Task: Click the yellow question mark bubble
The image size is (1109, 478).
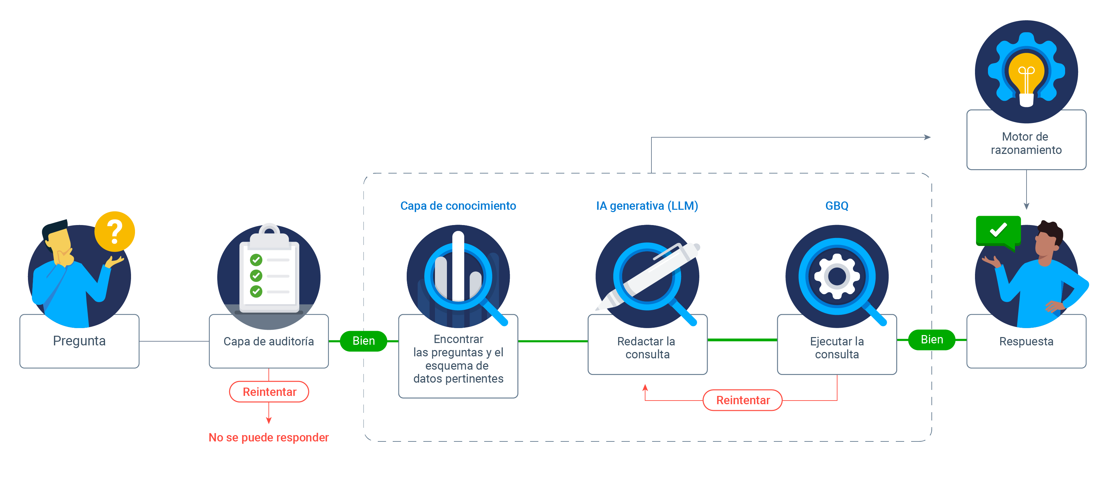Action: [114, 231]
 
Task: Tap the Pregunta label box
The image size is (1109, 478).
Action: [79, 341]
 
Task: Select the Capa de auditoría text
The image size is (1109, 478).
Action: [268, 341]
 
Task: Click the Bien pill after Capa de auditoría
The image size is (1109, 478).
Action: [363, 341]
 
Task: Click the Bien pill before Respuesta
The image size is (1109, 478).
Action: [932, 339]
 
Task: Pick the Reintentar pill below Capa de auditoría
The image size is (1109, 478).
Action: [269, 392]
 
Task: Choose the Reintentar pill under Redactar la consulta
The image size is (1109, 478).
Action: [743, 400]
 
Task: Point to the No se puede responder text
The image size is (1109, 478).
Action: [268, 437]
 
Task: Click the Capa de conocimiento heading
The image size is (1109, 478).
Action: [458, 206]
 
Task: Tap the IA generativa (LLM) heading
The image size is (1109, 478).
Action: [647, 206]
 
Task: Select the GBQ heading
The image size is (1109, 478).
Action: [836, 206]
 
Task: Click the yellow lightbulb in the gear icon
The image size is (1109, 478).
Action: [1026, 75]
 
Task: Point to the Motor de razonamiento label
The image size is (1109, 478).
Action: [1026, 143]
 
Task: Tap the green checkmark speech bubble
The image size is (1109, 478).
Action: [998, 231]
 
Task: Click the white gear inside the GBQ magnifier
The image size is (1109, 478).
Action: [836, 276]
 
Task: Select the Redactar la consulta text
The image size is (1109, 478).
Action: [647, 348]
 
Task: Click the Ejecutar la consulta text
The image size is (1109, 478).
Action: [836, 348]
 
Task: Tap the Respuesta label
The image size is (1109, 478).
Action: [1026, 341]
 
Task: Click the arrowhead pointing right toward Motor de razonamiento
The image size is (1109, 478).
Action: [927, 137]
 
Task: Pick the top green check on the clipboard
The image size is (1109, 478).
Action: [256, 260]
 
